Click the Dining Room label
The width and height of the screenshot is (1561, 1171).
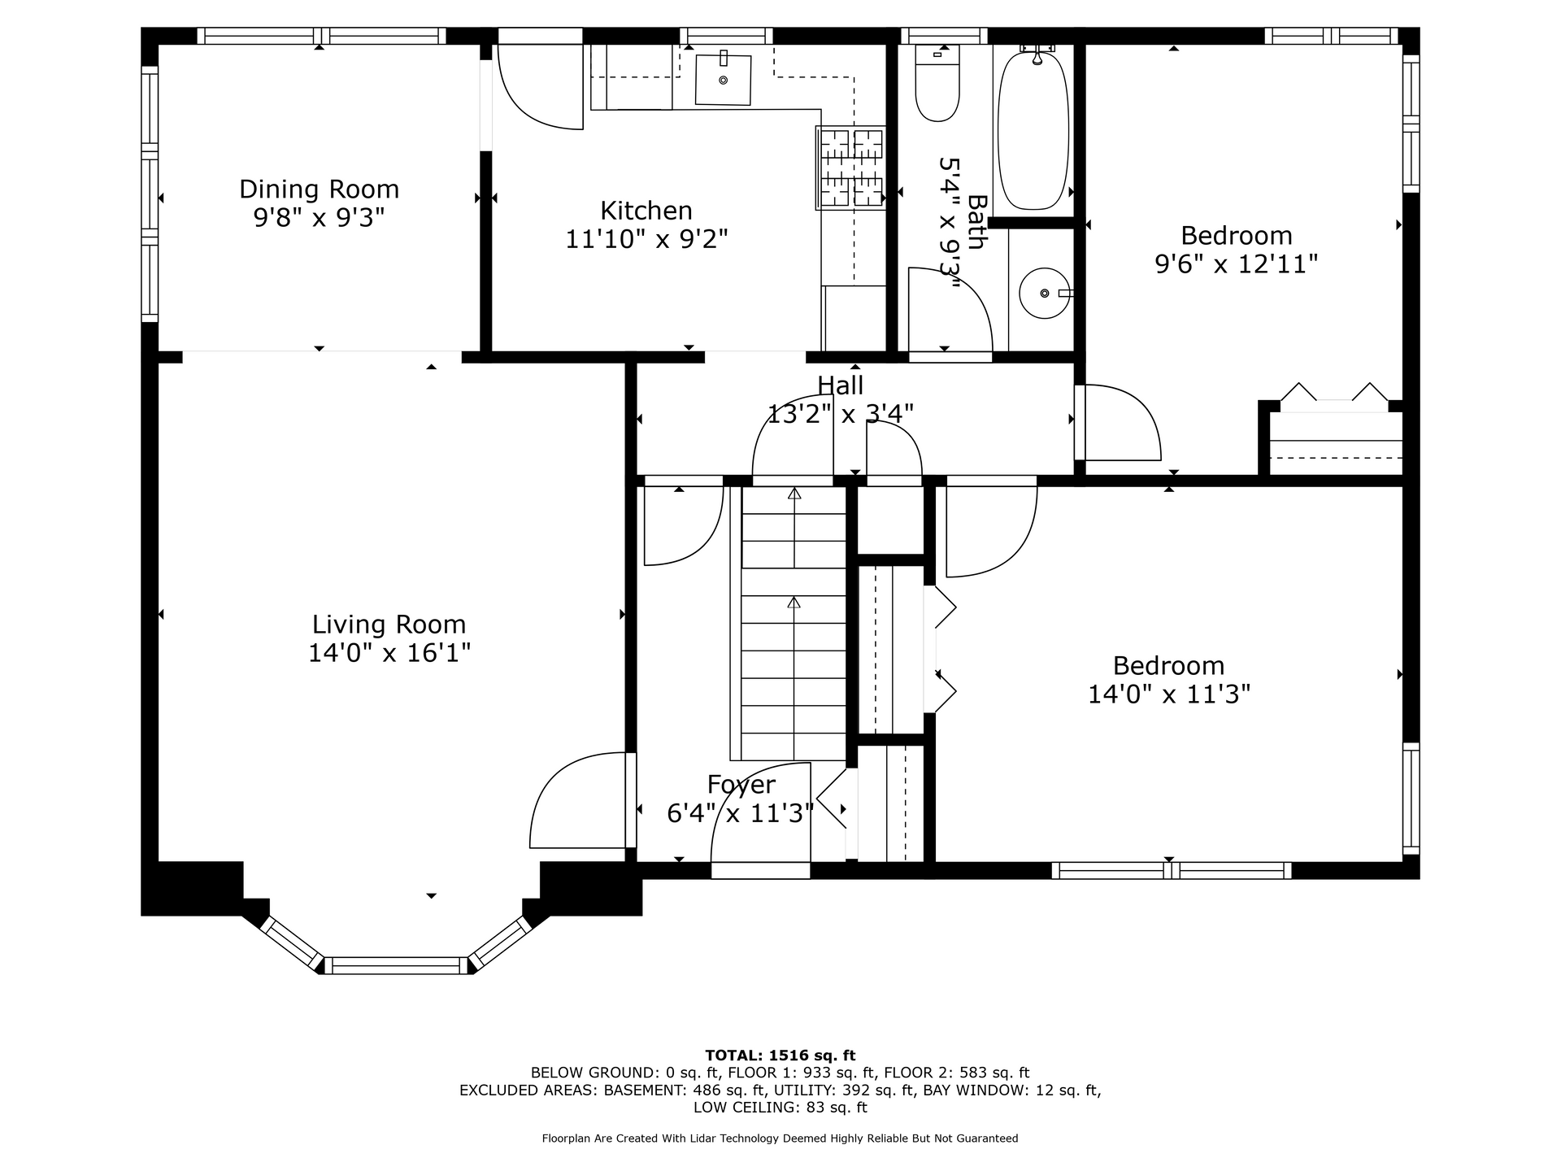[319, 189]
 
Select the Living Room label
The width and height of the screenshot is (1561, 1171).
[389, 625]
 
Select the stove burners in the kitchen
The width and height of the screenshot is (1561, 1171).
[850, 168]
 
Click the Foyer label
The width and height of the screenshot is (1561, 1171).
[741, 785]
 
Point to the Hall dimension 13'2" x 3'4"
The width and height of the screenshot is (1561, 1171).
[841, 414]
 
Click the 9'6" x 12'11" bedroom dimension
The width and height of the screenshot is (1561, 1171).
[1236, 264]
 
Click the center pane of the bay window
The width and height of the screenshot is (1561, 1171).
[397, 966]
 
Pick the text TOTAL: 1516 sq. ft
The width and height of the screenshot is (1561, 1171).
[780, 1056]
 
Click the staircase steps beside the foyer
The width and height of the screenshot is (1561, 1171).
[794, 623]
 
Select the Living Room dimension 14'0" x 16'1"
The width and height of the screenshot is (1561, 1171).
[389, 653]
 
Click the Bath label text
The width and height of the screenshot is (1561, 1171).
[976, 221]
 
